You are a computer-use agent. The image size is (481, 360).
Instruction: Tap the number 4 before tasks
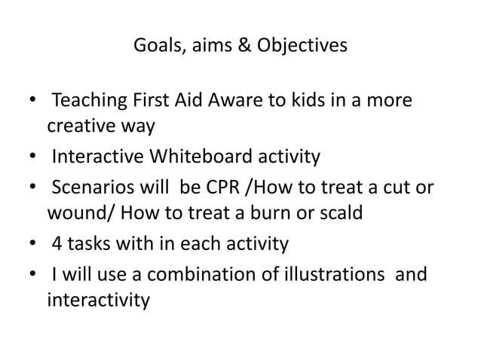(x=57, y=245)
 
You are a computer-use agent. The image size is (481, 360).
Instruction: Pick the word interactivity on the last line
(x=98, y=301)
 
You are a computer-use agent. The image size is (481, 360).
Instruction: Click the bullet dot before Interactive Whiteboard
(x=32, y=157)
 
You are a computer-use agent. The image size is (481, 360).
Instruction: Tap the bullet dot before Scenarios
(x=32, y=189)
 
